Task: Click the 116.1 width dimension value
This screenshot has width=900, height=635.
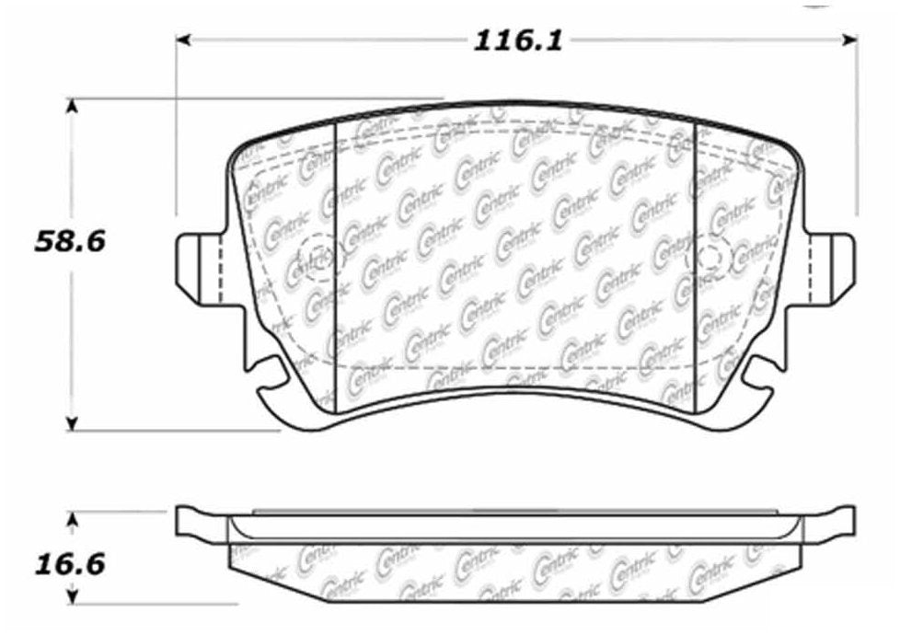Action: point(517,40)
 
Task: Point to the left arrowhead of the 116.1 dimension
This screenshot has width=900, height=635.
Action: point(183,40)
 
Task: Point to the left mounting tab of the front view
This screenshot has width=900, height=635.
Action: point(198,268)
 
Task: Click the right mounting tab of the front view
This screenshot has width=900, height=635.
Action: point(831,267)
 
